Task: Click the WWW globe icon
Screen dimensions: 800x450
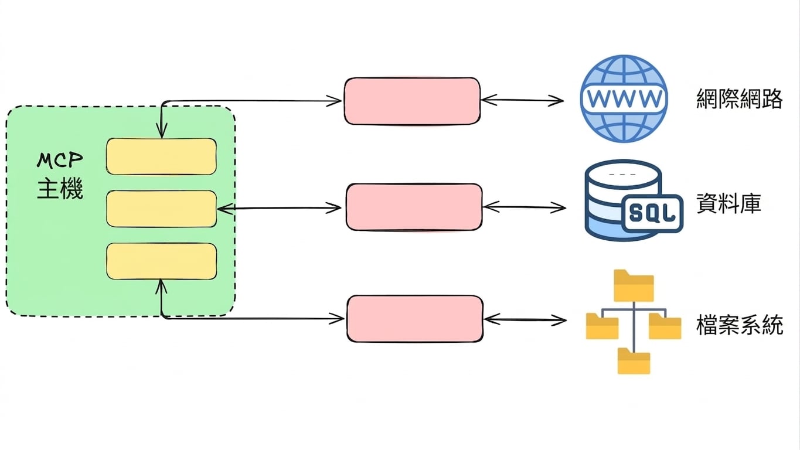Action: (624, 98)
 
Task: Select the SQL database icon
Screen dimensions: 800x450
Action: (634, 200)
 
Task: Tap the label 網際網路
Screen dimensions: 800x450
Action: (740, 98)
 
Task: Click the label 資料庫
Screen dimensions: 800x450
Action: (728, 203)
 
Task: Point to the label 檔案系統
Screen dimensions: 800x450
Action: (740, 325)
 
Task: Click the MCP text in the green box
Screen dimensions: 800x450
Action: (60, 161)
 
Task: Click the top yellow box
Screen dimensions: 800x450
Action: (161, 156)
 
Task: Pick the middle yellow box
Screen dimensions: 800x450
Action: (161, 209)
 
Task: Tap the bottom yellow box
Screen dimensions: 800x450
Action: (161, 261)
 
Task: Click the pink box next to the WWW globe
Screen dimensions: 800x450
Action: (412, 101)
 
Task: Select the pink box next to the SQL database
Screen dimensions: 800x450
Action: (414, 207)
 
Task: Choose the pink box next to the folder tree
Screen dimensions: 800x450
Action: (415, 319)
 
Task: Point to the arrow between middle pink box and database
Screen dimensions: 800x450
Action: (525, 207)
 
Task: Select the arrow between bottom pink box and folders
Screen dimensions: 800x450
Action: (525, 320)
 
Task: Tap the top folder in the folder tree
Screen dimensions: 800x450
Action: (634, 286)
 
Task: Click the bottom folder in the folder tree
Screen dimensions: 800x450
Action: (634, 361)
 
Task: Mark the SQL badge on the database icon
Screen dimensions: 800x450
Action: (653, 213)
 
